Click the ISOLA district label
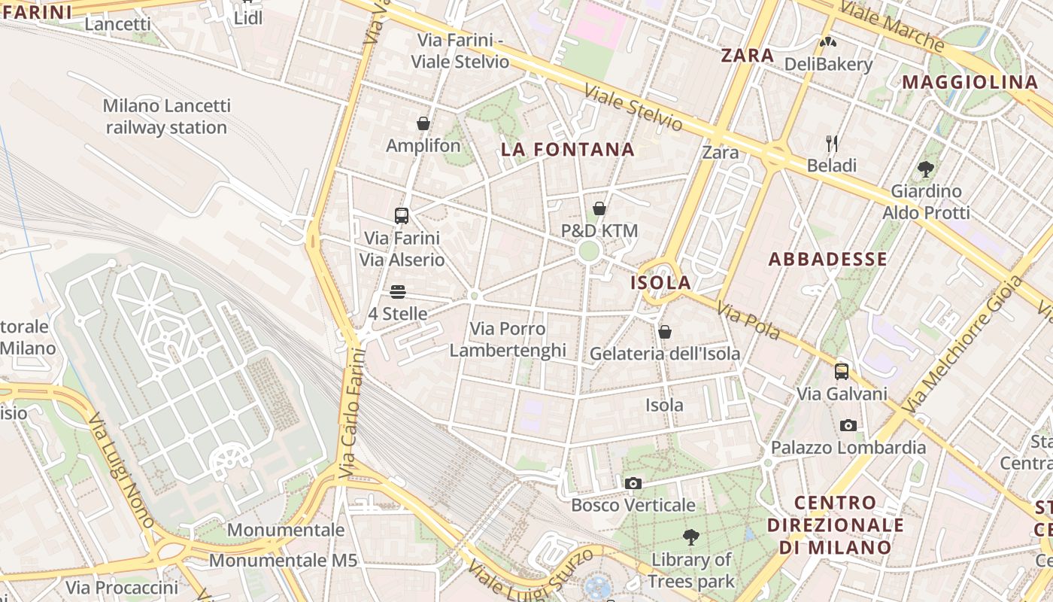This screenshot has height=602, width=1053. (660, 283)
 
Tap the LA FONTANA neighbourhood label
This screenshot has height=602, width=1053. (568, 150)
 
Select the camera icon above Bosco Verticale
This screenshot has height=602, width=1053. (633, 483)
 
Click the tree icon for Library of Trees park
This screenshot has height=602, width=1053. (690, 537)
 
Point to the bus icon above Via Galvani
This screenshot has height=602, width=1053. (842, 372)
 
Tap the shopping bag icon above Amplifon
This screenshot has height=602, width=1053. (423, 123)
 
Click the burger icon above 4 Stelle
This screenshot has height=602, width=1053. (398, 292)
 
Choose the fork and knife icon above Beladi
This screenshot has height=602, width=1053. (832, 143)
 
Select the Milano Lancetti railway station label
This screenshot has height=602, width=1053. (166, 117)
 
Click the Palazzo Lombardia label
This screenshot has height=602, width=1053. (848, 448)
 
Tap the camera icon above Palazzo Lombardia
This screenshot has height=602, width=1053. (848, 426)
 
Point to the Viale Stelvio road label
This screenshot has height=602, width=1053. (633, 108)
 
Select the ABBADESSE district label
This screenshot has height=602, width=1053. (827, 260)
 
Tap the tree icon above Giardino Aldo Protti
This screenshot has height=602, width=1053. (926, 169)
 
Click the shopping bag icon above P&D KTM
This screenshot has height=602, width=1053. (599, 208)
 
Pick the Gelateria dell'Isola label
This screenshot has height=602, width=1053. (665, 354)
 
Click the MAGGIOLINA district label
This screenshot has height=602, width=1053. (970, 83)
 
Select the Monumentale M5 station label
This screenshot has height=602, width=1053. (283, 561)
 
